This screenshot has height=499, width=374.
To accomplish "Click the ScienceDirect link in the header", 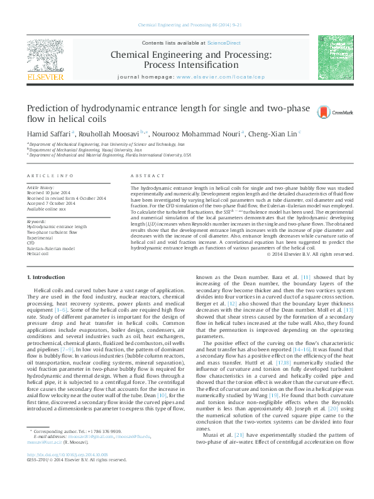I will coord(224,43).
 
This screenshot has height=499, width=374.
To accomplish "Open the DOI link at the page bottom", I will coord(67,472).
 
